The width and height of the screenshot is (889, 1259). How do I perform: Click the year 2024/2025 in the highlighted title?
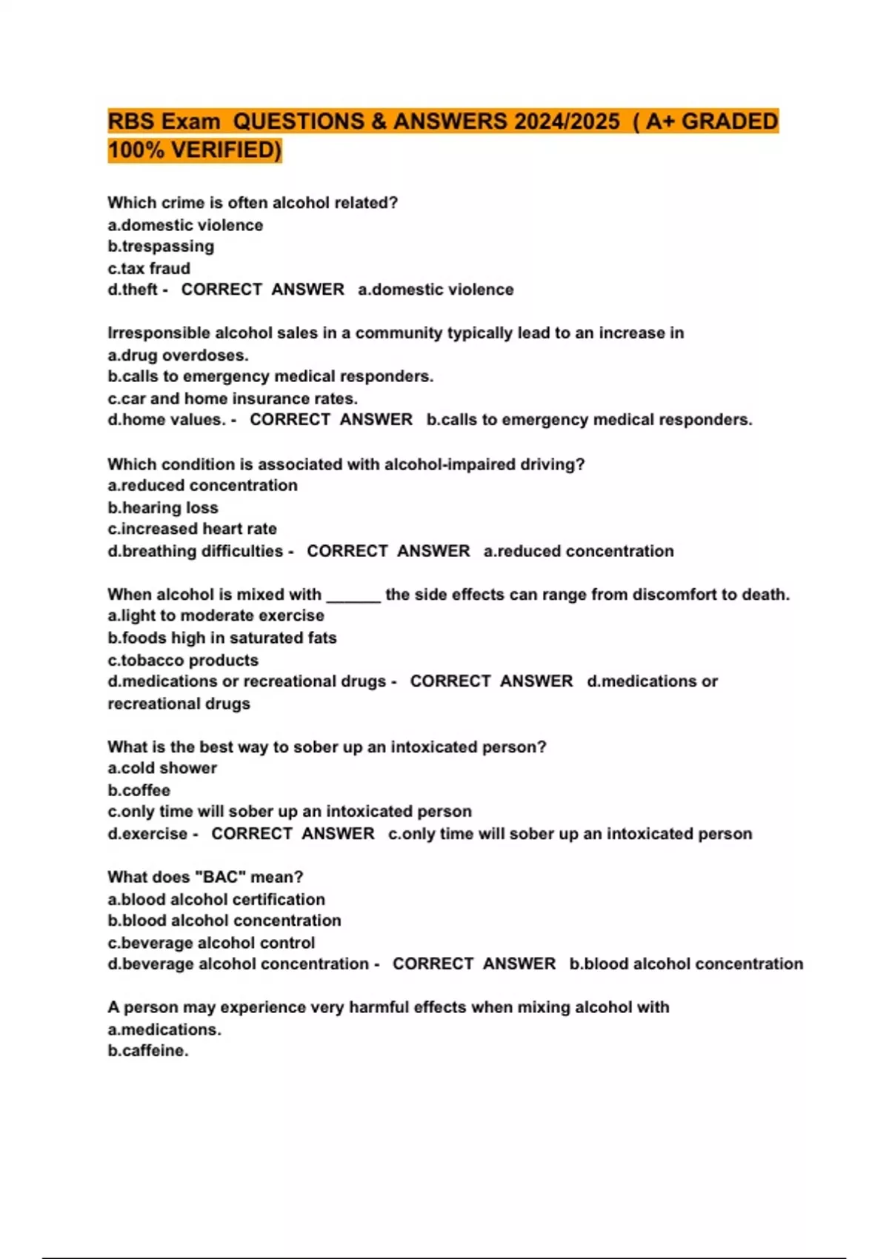tap(567, 121)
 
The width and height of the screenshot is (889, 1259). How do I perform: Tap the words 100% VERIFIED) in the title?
tap(195, 150)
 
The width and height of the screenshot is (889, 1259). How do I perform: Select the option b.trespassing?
tap(161, 247)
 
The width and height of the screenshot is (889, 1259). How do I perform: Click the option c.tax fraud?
tap(149, 268)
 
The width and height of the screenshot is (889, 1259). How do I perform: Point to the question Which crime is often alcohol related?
tap(253, 203)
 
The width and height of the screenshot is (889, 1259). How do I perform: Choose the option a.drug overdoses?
tap(178, 355)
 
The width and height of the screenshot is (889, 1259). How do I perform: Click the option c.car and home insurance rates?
tap(233, 398)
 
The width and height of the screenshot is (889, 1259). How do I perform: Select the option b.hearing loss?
tap(163, 508)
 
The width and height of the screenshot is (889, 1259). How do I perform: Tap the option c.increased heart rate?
tap(192, 529)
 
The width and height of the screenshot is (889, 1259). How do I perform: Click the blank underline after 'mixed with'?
tap(353, 595)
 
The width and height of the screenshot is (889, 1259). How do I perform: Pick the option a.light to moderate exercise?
tap(216, 615)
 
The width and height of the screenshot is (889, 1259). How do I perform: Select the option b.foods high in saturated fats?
tap(222, 638)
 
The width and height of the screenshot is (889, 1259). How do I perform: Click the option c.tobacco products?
tap(183, 660)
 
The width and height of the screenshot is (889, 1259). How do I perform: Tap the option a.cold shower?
tap(162, 768)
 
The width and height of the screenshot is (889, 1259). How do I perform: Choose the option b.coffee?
tap(139, 790)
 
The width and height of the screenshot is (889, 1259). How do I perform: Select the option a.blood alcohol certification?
tap(216, 900)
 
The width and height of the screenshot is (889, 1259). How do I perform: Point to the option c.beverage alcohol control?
tap(211, 943)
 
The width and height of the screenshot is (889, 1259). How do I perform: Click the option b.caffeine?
tap(148, 1051)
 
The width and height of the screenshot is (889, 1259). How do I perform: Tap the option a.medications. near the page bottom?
tap(164, 1029)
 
